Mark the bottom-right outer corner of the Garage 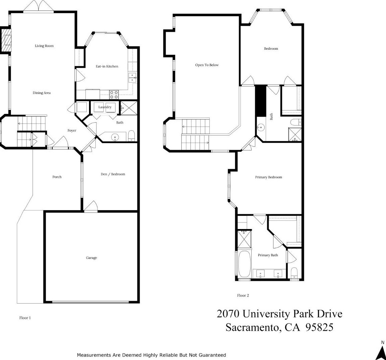139,303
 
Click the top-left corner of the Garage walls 44,211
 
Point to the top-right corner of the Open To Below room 241,14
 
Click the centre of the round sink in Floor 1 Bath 115,137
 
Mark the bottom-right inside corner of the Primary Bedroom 301,214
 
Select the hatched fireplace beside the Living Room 6,40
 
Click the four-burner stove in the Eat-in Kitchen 114,95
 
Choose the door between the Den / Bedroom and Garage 91,207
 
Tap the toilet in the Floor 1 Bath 131,136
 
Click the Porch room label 57,177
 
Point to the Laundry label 105,107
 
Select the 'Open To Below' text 207,65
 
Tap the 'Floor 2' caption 243,295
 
